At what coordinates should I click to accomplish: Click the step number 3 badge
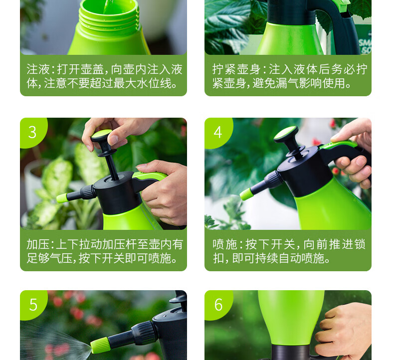32,132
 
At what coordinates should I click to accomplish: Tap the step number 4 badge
217,132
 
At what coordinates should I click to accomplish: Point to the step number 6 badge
218,305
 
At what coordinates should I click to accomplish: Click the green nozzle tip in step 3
62,198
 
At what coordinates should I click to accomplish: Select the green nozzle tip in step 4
246,194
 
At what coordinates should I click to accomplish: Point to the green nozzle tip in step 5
100,345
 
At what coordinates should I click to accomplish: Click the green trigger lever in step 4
338,145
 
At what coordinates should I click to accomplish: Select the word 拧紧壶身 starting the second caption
236,69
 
